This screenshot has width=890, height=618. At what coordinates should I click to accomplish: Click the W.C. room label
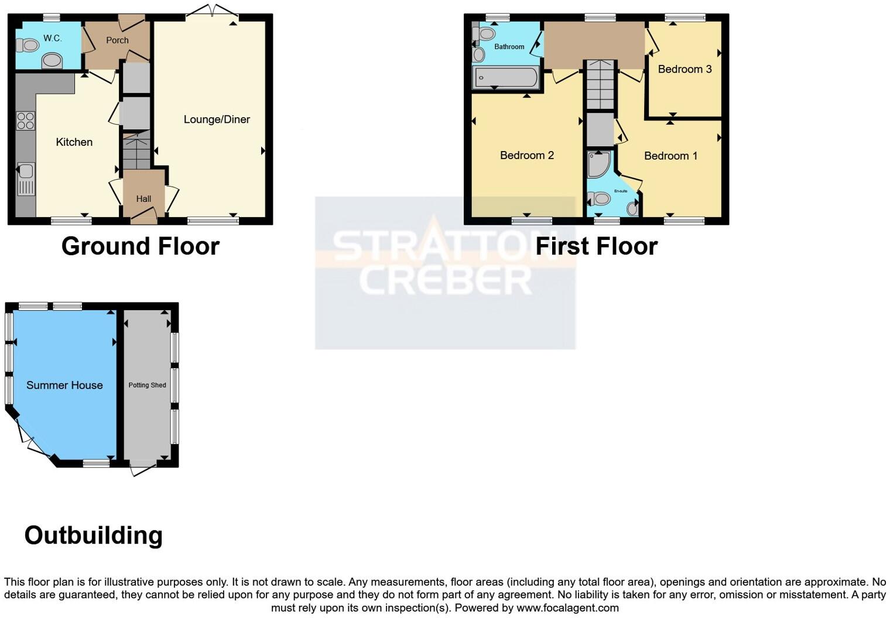(52, 38)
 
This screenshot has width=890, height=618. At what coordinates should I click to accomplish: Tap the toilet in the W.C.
(27, 44)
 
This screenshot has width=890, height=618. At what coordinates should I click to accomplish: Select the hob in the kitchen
(25, 121)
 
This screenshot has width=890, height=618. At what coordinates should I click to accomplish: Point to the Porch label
(117, 40)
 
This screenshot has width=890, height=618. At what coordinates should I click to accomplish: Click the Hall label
(143, 199)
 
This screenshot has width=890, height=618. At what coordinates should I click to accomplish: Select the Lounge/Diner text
(217, 119)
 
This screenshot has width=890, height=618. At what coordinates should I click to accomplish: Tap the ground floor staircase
(136, 150)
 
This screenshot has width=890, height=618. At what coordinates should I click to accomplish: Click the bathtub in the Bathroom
(506, 77)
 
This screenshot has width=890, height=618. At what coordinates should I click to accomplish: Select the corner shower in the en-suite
(598, 164)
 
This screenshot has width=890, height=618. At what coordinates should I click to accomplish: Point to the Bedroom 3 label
(684, 69)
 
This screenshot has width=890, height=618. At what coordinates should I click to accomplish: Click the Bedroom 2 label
(526, 155)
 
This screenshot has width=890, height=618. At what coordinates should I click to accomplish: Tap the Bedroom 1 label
(670, 156)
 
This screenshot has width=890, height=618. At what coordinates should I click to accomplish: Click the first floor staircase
(600, 85)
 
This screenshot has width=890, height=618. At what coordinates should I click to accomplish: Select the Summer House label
(64, 385)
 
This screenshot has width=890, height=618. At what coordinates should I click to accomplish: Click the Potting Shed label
(147, 385)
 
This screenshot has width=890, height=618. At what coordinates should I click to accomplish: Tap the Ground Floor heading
(140, 246)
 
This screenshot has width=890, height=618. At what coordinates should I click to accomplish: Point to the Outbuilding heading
(93, 535)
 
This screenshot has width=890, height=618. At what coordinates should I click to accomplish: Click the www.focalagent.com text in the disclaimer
(567, 607)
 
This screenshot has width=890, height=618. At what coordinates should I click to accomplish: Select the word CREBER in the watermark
(445, 281)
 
